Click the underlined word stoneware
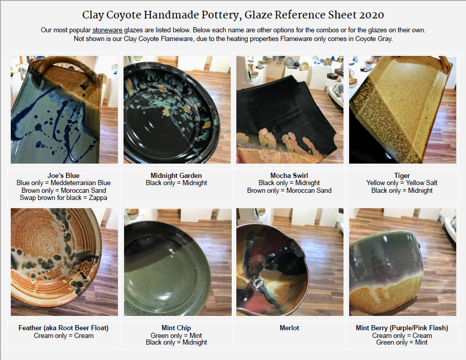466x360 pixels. tap(107, 30)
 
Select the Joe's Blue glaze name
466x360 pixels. tap(63, 175)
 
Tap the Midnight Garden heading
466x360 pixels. tap(176, 175)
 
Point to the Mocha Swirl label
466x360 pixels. tap(289, 175)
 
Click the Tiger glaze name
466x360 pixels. tap(402, 175)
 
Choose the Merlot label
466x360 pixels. tap(289, 328)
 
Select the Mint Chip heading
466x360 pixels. tap(176, 328)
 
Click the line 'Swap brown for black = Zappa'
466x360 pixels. tap(63, 197)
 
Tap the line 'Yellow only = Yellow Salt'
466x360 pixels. tap(402, 183)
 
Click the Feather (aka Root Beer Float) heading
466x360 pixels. tap(63, 328)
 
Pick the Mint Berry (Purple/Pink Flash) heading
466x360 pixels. tap(402, 328)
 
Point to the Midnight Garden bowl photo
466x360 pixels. tap(177, 110)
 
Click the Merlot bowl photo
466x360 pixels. tap(290, 262)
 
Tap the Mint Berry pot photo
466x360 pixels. tap(403, 262)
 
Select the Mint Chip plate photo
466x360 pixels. tap(178, 262)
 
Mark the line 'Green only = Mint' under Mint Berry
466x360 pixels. tap(402, 342)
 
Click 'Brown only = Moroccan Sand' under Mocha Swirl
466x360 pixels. tap(289, 190)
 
